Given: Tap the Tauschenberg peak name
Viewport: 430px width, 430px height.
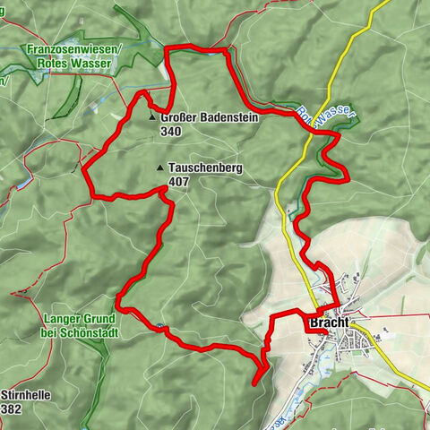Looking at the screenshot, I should [199, 168].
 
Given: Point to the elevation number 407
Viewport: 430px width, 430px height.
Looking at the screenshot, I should [176, 181].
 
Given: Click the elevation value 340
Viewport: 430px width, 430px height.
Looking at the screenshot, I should [171, 131].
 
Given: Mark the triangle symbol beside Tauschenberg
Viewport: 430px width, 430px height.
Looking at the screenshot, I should [159, 168].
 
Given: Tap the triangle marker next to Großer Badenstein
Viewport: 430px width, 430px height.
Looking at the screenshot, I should [153, 117].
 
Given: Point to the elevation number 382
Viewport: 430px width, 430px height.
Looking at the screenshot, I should [12, 408].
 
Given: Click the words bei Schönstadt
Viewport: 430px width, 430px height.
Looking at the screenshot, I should [80, 332].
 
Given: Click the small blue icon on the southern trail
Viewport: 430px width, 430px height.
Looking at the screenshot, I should [159, 327].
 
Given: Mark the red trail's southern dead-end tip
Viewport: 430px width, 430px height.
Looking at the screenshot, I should [255, 383].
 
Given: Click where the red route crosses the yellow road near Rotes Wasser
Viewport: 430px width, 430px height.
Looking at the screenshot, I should [307, 127].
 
